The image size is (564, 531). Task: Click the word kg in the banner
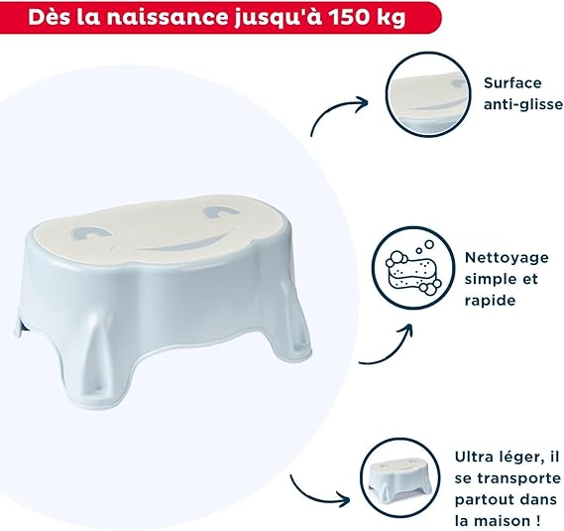(394, 19)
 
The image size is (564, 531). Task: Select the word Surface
(512, 83)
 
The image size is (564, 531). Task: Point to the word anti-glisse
(523, 104)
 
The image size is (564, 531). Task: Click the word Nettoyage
(507, 259)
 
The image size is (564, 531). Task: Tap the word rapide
(490, 301)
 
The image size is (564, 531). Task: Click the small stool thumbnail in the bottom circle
(400, 478)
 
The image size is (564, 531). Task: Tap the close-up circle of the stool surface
(428, 94)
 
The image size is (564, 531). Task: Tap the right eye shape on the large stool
(220, 211)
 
